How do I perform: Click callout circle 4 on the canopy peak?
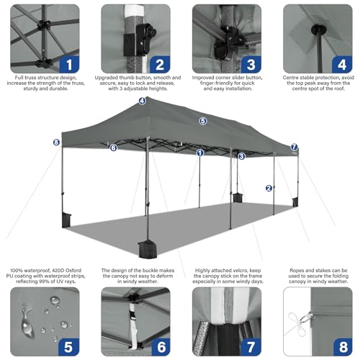(143, 101)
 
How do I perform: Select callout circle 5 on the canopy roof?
(203, 121)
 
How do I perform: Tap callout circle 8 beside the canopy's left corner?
(56, 142)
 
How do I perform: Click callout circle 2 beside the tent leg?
(269, 188)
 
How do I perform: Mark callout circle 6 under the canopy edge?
(113, 148)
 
